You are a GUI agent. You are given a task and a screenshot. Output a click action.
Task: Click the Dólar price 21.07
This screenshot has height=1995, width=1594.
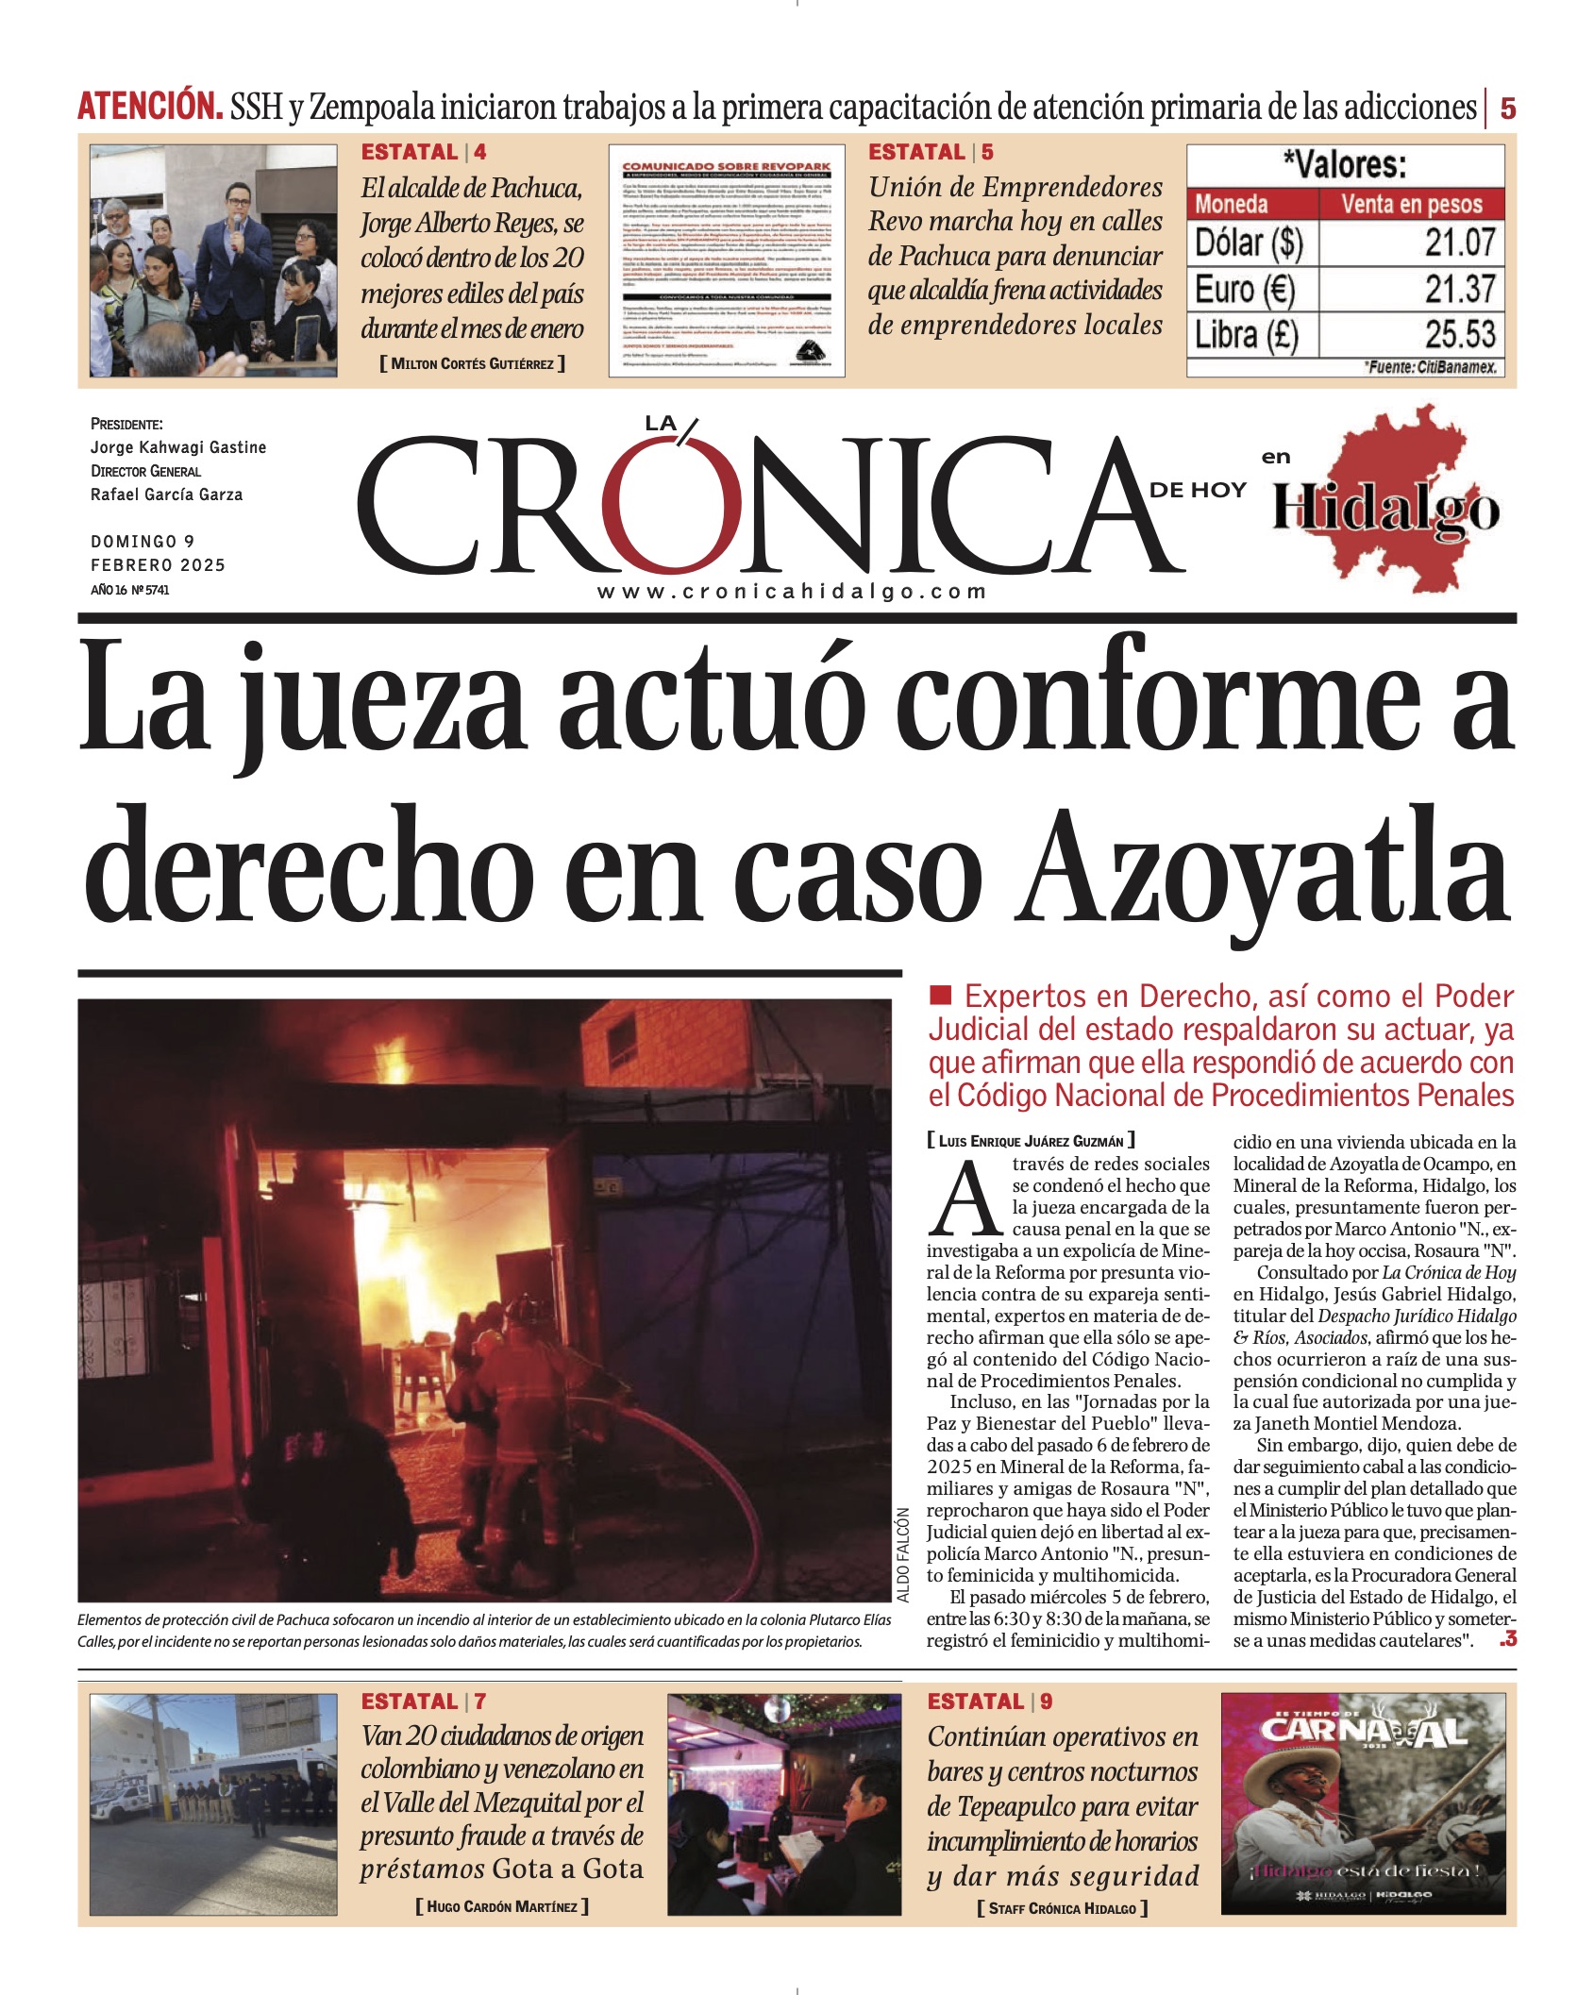1459,243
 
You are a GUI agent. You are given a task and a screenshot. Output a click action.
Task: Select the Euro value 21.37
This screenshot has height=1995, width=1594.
1459,289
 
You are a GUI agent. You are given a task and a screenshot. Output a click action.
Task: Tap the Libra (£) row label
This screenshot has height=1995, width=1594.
1247,335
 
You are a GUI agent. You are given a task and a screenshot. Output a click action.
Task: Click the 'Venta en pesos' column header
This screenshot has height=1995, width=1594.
1411,204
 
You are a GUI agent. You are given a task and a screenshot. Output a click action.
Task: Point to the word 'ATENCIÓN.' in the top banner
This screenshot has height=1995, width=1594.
149,107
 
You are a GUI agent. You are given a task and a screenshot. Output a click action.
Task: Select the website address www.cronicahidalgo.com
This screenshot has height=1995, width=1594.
792,592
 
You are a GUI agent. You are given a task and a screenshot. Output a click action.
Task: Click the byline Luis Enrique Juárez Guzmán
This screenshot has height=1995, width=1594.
1031,1141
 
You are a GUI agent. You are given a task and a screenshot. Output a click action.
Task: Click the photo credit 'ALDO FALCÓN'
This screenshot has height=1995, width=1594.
903,1554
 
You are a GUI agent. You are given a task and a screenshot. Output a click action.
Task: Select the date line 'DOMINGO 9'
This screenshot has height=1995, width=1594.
143,542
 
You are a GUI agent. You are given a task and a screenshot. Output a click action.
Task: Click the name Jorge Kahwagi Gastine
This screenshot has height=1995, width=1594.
178,447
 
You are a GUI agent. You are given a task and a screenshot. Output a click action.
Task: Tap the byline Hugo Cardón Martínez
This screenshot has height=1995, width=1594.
502,1906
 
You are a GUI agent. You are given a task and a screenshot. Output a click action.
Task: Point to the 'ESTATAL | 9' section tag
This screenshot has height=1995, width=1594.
989,1702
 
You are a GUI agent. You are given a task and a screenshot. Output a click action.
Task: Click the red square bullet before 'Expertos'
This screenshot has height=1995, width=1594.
940,995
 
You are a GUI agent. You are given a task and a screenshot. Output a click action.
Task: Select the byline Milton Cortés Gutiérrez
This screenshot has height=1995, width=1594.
472,363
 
